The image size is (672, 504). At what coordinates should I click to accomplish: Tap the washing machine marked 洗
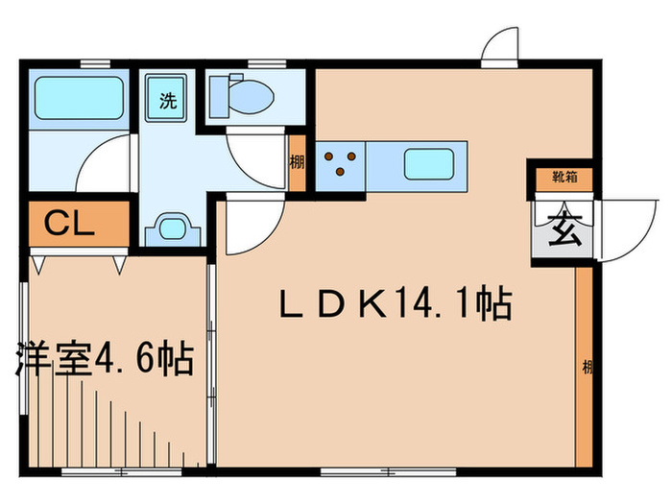click(x=167, y=97)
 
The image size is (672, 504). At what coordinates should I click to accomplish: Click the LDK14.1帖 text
click(x=394, y=307)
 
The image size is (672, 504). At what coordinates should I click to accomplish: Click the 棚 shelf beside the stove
click(x=297, y=163)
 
